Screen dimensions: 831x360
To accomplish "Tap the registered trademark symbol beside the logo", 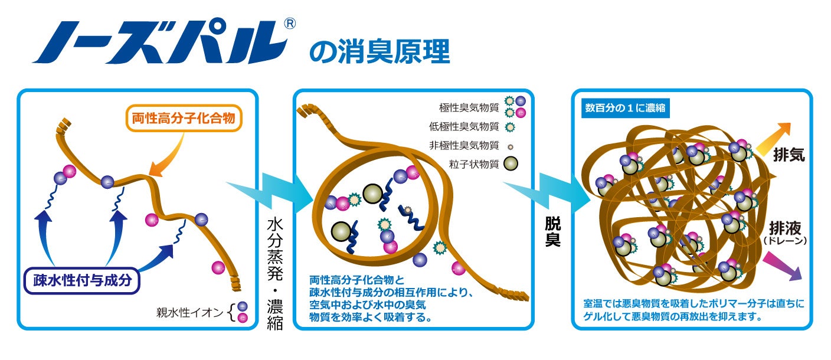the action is (290, 24).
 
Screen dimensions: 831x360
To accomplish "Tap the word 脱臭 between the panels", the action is (553, 233).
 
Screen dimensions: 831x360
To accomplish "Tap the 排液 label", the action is (784, 228).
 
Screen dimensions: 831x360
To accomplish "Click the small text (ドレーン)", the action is (784, 241).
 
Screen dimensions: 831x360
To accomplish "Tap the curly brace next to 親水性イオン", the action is (231, 311).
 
